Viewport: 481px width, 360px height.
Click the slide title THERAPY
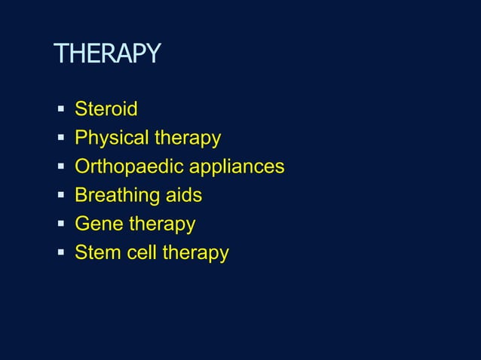[x=107, y=54]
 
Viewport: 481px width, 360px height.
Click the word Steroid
[x=106, y=110]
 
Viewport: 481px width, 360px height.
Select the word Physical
[x=112, y=139]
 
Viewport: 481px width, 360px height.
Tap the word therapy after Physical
[x=188, y=139]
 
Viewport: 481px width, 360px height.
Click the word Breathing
[x=117, y=196]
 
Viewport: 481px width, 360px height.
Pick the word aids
[x=184, y=196]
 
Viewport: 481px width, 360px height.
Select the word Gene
[x=99, y=224]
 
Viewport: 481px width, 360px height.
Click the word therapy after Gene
[x=162, y=224]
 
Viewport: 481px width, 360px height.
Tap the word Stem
[x=97, y=253]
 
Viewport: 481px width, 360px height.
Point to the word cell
[x=142, y=253]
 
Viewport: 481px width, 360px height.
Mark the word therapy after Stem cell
[x=195, y=253]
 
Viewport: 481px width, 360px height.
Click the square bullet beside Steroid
[x=61, y=110]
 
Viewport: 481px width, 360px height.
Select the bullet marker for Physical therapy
[x=61, y=139]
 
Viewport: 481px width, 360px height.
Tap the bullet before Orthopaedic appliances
[x=61, y=167]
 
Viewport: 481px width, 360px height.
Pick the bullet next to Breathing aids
[x=61, y=196]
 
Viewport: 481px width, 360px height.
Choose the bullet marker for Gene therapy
[x=61, y=224]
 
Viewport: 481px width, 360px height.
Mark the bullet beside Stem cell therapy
[x=61, y=253]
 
